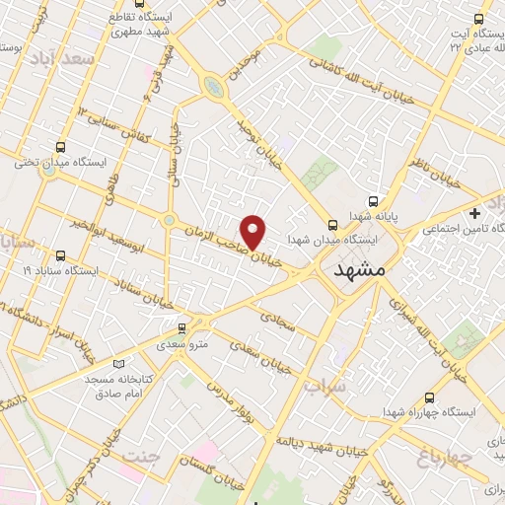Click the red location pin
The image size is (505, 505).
pos(254,231)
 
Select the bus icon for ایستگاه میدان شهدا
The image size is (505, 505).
pos(332,224)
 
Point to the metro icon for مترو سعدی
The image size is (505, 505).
pos(180,329)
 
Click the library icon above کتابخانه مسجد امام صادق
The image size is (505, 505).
pos(120,364)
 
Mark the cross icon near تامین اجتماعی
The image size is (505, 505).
pos(475,213)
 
